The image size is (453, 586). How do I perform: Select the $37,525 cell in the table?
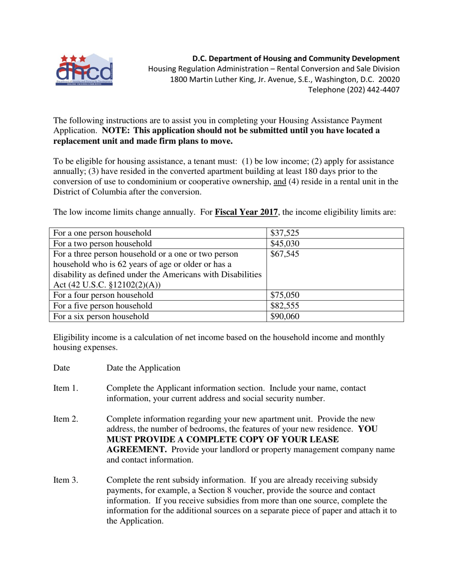(x=284, y=233)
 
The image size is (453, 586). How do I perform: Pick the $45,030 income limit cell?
(x=284, y=243)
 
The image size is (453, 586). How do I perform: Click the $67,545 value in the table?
(x=284, y=254)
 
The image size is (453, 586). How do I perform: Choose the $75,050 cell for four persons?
(x=284, y=295)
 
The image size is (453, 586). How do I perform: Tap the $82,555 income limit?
(x=284, y=306)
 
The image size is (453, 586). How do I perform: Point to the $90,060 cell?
(x=284, y=316)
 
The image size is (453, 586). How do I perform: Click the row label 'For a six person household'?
(x=101, y=316)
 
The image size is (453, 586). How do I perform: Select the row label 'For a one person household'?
(x=103, y=233)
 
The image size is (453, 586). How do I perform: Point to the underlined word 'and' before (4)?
(x=279, y=182)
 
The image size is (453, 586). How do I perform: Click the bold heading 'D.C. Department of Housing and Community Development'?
(x=296, y=59)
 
